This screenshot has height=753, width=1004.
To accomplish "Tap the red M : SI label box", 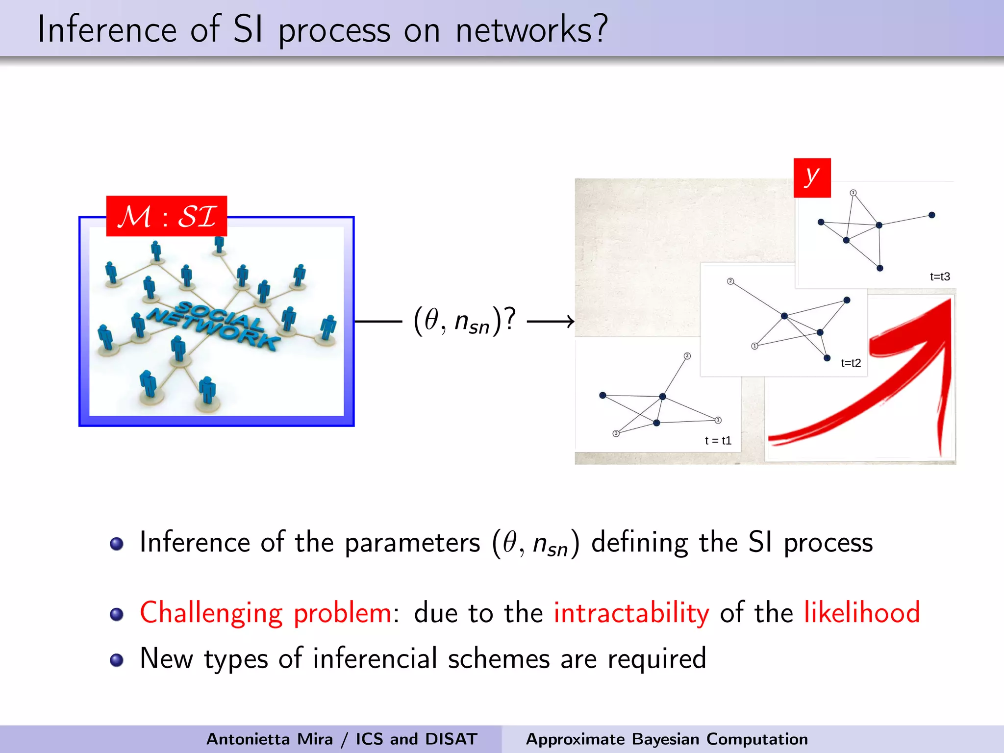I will point(167,216).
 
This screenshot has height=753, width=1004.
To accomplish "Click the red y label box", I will point(812,177).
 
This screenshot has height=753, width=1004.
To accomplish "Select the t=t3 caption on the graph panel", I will point(940,276).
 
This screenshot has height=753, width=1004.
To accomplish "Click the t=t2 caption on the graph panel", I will point(851,363).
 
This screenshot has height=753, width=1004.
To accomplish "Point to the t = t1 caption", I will point(718,440).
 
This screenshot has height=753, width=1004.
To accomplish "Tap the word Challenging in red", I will point(211,613).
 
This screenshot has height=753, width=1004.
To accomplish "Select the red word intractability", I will point(631,613).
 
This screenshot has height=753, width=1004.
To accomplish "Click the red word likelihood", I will point(862,613).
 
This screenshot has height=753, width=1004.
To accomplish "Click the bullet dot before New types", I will point(117,660).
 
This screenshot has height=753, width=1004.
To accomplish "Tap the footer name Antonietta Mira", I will point(269,739).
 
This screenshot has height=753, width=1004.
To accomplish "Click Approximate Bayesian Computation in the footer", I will point(667,739).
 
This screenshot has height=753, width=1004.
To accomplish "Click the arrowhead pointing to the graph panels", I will point(569,322).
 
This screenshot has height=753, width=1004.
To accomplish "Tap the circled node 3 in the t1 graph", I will point(616,433).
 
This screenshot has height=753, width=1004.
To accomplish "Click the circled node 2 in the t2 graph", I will point(730,281).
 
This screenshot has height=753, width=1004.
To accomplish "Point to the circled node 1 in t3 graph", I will point(853,193).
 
